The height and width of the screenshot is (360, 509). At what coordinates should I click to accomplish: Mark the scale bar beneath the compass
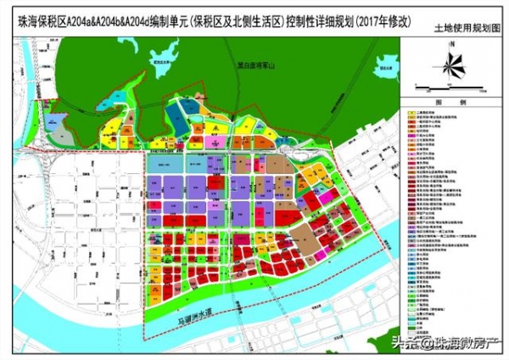(450, 87)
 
